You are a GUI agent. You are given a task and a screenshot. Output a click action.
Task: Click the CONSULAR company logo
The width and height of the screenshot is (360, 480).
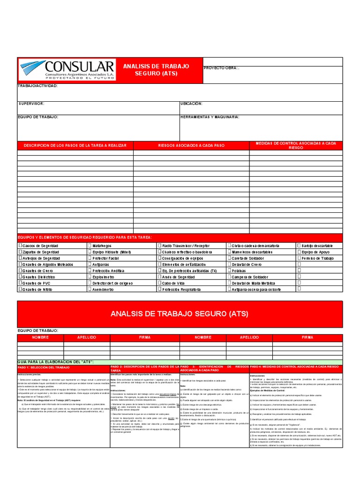66,70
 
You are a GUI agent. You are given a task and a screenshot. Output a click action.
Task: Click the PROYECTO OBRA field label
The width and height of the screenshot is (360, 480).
221,68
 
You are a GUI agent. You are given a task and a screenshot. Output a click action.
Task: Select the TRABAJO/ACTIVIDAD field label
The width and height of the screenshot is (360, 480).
37,86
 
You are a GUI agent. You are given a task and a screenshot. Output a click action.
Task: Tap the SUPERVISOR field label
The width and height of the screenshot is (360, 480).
31,103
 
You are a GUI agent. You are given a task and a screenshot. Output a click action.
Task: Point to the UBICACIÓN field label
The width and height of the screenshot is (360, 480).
191,103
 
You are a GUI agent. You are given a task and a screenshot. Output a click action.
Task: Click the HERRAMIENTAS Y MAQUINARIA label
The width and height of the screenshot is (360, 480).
210,117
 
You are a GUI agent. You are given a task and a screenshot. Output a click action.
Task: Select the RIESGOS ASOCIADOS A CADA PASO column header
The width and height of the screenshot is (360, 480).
191,146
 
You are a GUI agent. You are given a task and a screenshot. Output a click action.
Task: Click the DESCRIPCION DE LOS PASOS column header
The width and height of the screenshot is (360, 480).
75,146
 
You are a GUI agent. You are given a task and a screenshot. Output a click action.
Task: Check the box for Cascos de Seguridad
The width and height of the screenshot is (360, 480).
20,246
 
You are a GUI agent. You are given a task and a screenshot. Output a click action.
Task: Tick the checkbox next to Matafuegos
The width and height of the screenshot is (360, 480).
90,246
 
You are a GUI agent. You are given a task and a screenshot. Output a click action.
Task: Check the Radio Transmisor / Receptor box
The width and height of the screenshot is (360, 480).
159,246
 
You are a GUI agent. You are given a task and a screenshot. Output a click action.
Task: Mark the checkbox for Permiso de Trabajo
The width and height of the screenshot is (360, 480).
299,258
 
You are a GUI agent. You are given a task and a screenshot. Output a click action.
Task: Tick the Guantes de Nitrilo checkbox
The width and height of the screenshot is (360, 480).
20,290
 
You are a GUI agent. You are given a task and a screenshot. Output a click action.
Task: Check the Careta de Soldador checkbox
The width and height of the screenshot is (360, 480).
229,258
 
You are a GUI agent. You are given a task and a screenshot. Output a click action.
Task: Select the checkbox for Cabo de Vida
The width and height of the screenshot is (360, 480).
159,283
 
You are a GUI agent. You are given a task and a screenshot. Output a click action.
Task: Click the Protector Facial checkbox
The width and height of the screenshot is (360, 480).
90,258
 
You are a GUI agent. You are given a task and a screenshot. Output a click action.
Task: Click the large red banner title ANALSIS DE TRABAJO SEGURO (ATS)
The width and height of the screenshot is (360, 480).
180,314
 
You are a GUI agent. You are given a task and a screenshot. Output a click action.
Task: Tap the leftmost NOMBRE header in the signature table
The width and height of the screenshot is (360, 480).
40,337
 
